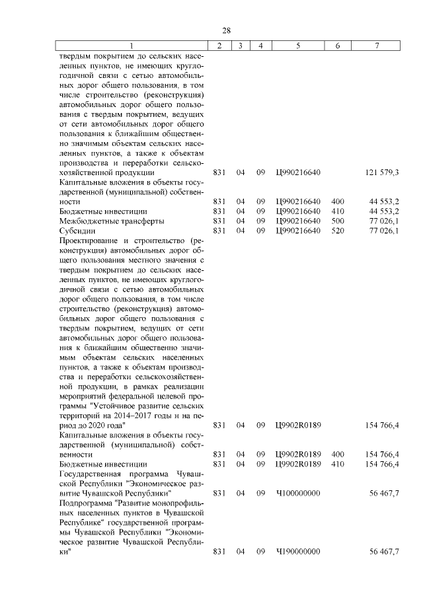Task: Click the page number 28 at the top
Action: pyautogui.click(x=226, y=31)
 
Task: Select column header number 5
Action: pyautogui.click(x=298, y=46)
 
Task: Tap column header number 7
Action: pyautogui.click(x=376, y=46)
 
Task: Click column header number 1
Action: pyautogui.click(x=131, y=46)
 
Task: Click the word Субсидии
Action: pyautogui.click(x=76, y=230)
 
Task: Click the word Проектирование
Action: pyautogui.click(x=92, y=241)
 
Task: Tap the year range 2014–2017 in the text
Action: pyautogui.click(x=135, y=415)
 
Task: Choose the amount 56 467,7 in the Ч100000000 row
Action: pyautogui.click(x=383, y=493)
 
